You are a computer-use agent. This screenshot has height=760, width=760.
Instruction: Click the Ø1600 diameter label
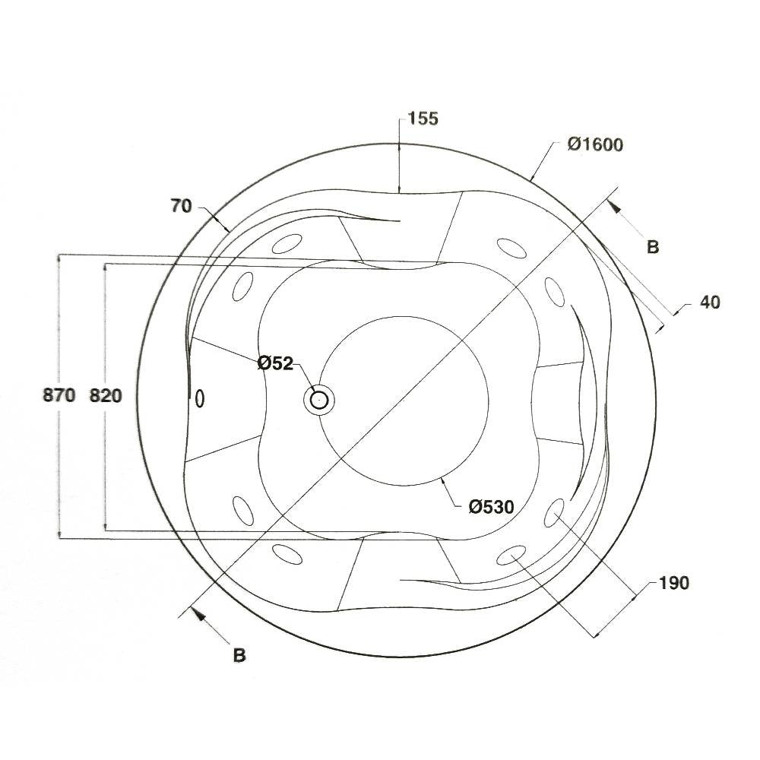pos(596,144)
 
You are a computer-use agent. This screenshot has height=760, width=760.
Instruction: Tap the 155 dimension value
pos(423,119)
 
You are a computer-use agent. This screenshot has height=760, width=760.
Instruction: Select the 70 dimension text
pos(182,207)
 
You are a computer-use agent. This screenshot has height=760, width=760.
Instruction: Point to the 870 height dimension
pos(59,395)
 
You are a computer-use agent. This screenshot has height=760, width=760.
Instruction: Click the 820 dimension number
pos(106,396)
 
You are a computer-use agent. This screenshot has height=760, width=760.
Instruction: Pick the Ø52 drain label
pos(275,363)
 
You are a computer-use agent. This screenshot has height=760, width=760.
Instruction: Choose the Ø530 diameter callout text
pos(492,507)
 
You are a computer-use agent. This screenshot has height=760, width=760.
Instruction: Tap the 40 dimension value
pos(710,302)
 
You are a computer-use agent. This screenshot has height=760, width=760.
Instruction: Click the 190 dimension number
pos(673,583)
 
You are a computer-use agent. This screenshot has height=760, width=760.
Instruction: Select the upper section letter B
pos(653,247)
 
